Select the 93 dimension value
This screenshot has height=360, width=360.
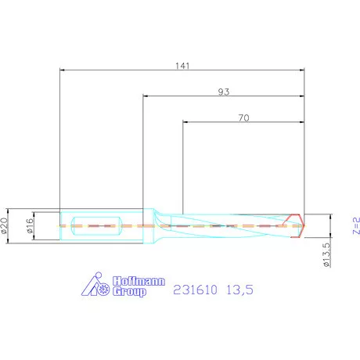(x=224, y=92)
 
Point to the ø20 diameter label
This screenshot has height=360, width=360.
(x=7, y=225)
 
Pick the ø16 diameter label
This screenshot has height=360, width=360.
(x=31, y=225)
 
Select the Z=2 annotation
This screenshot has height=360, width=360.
(x=355, y=225)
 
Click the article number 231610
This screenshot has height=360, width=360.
(x=195, y=290)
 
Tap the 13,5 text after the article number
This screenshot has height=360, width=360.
(x=240, y=290)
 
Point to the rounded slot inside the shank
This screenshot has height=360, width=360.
(x=95, y=225)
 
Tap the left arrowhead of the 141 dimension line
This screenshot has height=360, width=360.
(x=63, y=71)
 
